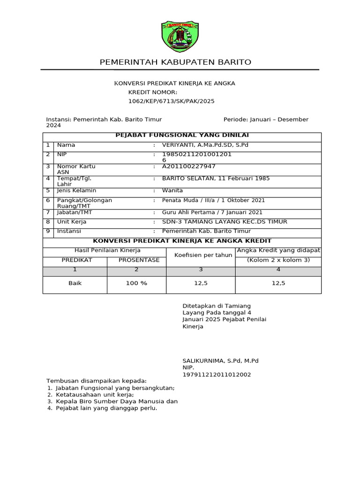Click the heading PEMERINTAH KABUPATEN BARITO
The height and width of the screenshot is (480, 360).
pyautogui.click(x=176, y=62)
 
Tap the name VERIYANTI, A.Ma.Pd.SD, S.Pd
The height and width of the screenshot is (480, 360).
pyautogui.click(x=205, y=145)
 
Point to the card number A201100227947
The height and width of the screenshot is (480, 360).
pyautogui.click(x=189, y=166)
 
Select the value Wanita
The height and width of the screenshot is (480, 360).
pyautogui.click(x=172, y=191)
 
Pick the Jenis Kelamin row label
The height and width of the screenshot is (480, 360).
pyautogui.click(x=76, y=191)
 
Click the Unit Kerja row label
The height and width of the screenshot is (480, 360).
pyautogui.click(x=72, y=222)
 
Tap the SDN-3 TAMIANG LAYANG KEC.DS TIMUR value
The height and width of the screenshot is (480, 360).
pyautogui.click(x=225, y=222)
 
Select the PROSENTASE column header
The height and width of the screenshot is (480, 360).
pyautogui.click(x=139, y=260)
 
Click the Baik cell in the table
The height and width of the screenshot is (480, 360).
pyautogui.click(x=75, y=284)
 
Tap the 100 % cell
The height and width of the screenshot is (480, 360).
pyautogui.click(x=136, y=284)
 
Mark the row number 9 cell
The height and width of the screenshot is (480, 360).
pyautogui.click(x=48, y=231)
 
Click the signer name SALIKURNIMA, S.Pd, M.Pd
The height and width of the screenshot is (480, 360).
pyautogui.click(x=220, y=361)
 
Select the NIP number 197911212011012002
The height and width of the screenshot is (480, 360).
pyautogui.click(x=217, y=375)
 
